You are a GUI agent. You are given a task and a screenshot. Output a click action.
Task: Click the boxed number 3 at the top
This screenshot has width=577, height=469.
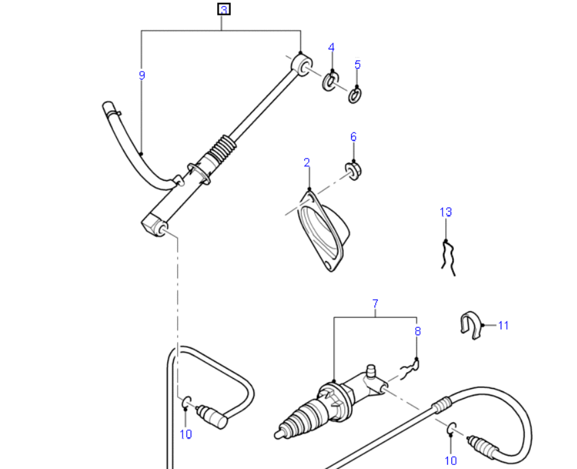(x=224, y=9)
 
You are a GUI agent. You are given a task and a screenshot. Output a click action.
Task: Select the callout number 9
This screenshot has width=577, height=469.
(x=142, y=76)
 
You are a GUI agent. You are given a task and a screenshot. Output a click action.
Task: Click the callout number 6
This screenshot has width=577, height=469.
(x=354, y=136)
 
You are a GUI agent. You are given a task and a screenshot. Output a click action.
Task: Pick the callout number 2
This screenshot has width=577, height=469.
(x=307, y=163)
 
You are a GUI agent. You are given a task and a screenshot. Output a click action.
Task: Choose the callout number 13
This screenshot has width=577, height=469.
(x=445, y=212)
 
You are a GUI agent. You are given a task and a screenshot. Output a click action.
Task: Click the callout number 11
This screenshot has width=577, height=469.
(x=503, y=326)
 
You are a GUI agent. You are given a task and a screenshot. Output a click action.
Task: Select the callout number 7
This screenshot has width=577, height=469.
(x=375, y=304)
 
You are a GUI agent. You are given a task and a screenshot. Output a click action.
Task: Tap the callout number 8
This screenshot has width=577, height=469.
(x=418, y=331)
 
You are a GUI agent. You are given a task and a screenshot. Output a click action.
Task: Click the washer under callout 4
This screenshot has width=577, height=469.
(x=331, y=82)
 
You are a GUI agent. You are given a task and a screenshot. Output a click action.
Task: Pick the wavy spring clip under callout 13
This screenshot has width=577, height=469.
(x=447, y=257)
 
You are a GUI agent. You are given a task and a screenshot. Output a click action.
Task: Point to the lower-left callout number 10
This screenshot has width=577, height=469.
(x=186, y=434)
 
